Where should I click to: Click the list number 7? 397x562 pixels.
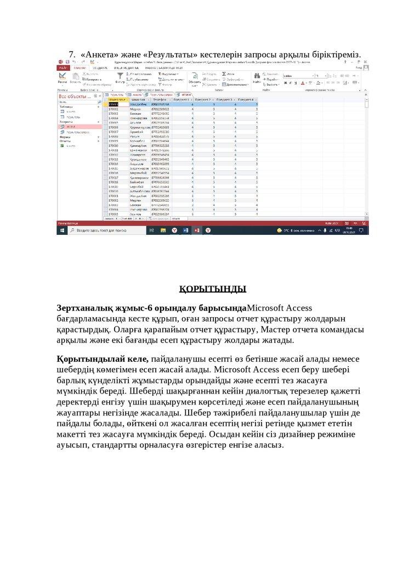coord(71,55)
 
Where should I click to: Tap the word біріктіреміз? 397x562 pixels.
coord(332,55)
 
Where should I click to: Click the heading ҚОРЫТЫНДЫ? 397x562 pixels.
coord(213,289)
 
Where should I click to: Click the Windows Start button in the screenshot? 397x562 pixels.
coord(61,231)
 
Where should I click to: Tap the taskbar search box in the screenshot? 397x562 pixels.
coord(104,231)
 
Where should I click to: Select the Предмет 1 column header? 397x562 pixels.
coord(182,99)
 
